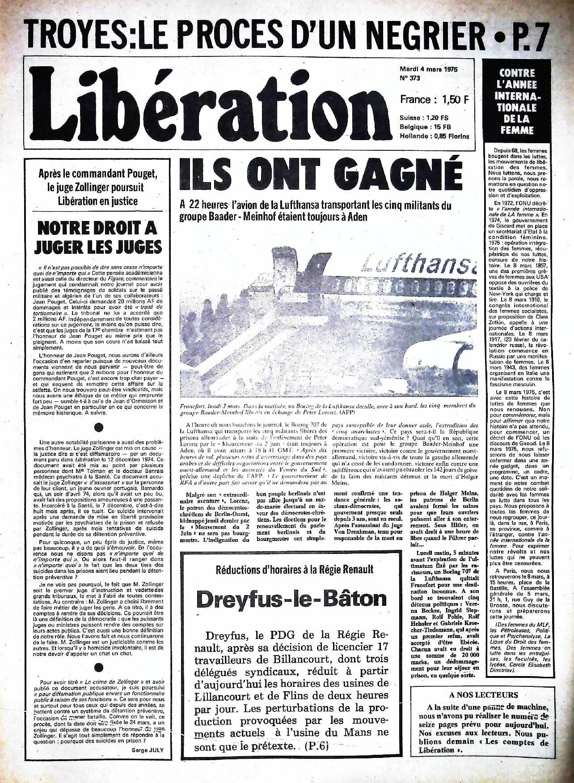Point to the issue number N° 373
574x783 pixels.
point(410,78)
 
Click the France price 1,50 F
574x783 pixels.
point(434,99)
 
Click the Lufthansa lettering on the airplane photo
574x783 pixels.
point(416,263)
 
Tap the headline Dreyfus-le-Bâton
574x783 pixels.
point(291,599)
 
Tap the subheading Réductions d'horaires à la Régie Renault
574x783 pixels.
point(294,570)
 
